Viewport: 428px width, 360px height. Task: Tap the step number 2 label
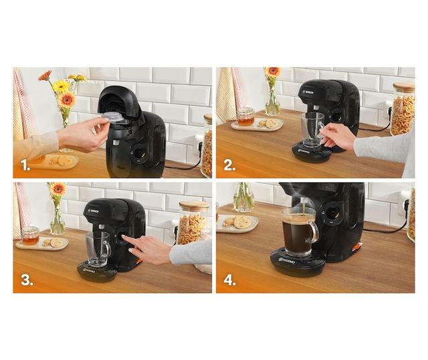pos(229,164)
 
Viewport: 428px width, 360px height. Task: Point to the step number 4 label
pos(229,279)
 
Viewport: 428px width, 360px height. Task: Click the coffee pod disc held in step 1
pos(112,117)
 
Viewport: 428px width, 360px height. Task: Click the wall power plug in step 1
pos(198,147)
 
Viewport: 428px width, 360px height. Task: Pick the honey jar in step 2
pos(245,116)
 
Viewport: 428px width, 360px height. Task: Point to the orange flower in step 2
pos(272,72)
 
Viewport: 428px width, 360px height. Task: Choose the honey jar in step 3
pos(29,235)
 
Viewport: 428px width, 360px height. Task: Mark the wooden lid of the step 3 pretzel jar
pos(194,206)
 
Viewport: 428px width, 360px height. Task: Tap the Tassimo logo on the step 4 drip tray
pos(288,260)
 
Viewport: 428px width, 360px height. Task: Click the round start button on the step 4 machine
pos(330,215)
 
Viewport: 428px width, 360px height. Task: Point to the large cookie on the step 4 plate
pos(241,221)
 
